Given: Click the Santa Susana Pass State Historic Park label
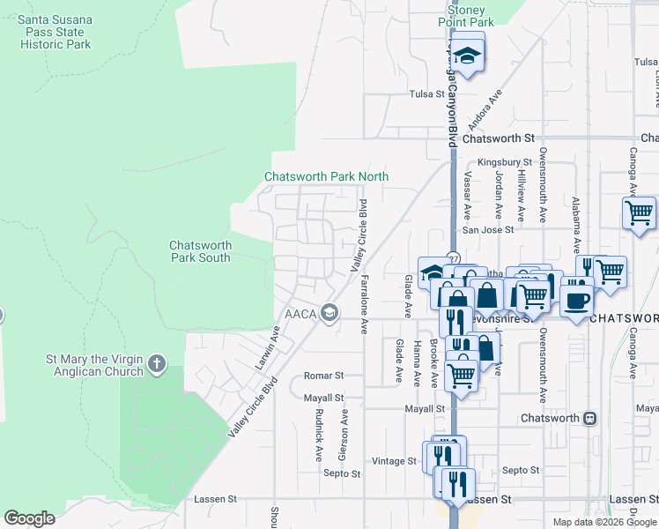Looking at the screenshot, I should point(56,32).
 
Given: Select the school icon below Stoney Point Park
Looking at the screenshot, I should point(469,55).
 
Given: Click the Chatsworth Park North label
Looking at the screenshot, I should point(327,176).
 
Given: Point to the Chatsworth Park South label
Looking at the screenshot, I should point(200,251).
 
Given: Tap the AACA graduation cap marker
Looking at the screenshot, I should point(329,312).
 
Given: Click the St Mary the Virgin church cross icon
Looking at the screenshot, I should point(157,362).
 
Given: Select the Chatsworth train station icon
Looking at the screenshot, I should point(590,418).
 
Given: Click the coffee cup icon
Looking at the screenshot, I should point(576,300).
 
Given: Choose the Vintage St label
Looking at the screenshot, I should point(393,461).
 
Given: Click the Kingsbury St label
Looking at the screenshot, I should point(505,163).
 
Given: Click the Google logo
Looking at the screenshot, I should point(29,518).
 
